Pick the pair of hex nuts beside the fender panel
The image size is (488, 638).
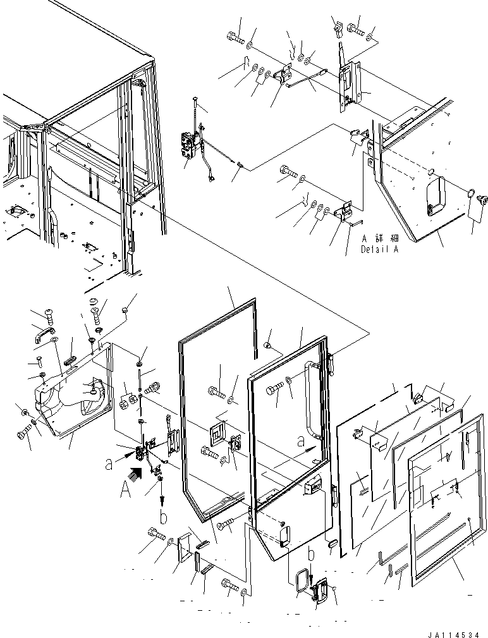click(x=128, y=400)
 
